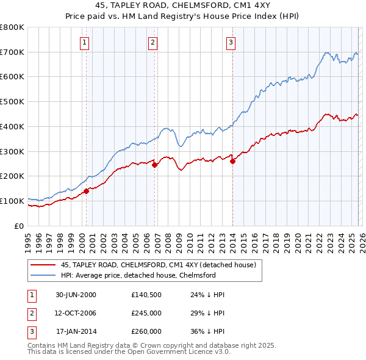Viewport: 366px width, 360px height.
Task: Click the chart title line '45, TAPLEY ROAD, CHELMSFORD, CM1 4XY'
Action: tap(183, 5)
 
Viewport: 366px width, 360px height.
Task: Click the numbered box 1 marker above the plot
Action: tap(84, 42)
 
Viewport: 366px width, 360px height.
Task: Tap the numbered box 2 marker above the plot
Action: tap(152, 42)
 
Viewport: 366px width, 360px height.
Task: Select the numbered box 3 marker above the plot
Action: tap(231, 42)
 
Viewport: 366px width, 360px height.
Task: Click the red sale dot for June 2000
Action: tap(87, 191)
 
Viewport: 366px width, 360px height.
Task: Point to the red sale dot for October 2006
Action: tap(154, 165)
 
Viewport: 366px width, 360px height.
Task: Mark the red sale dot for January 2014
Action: tap(233, 161)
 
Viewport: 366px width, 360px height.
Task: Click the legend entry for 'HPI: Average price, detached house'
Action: tap(138, 275)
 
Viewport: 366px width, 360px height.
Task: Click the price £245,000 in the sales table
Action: tap(146, 313)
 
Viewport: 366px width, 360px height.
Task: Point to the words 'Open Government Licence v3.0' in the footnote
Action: tap(182, 351)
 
